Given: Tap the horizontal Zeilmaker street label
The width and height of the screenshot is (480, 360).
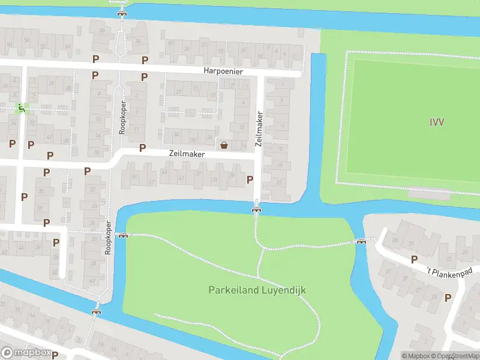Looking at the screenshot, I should click(187, 154).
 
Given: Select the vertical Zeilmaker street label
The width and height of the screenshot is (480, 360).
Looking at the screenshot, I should click(260, 129).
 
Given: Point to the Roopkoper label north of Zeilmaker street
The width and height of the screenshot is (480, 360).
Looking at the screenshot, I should click(123, 117).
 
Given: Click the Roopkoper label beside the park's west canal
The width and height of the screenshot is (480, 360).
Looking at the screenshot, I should click(109, 238).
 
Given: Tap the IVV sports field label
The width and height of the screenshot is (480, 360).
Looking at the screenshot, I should click(437, 122).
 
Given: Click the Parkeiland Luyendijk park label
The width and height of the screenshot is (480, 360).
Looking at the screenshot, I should click(257, 290).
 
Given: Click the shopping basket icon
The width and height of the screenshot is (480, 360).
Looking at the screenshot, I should click(224, 145).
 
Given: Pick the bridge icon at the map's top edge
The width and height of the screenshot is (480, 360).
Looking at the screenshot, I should click(122, 13).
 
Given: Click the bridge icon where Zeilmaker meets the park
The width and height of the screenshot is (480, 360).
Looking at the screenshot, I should click(257, 209).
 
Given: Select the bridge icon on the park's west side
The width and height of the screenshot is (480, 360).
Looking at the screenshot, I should click(123, 235).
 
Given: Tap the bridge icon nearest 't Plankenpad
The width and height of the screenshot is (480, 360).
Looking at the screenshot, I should click(361, 242).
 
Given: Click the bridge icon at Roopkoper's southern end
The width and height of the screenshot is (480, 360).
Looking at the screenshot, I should click(96, 311).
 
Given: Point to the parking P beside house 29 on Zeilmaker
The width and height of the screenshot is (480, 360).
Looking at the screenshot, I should click(250, 179).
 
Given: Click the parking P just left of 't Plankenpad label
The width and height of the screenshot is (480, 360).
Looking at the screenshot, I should click(414, 259).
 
